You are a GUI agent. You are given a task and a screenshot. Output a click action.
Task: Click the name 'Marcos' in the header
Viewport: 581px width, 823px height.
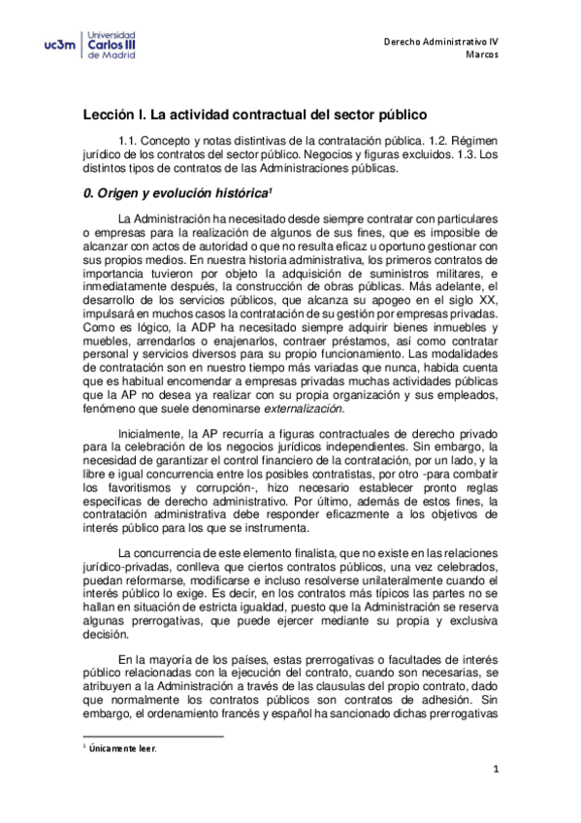[482, 56]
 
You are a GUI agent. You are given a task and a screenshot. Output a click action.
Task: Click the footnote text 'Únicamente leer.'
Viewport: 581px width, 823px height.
[123, 749]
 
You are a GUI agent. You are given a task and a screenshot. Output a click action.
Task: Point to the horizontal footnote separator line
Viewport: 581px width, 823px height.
[153, 737]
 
